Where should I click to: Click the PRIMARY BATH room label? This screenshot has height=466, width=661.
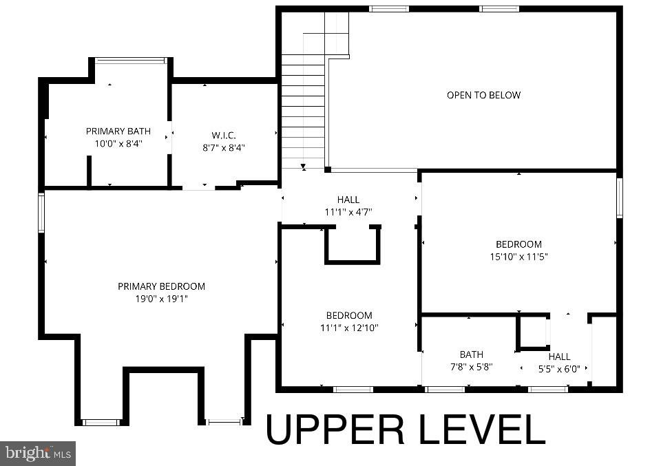(118, 131)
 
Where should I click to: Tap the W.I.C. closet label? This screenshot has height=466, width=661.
(224, 135)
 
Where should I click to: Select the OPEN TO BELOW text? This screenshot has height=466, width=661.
(483, 95)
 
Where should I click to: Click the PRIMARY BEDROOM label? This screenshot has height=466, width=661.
(161, 286)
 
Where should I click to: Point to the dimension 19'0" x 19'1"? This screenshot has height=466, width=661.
(161, 299)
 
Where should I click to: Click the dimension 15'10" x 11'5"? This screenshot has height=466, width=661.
(518, 257)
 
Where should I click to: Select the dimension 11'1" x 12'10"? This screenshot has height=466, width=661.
(349, 328)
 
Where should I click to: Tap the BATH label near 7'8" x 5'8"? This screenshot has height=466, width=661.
(472, 355)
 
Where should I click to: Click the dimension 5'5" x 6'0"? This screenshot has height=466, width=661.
(559, 369)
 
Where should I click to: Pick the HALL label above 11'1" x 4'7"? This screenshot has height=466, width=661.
(348, 200)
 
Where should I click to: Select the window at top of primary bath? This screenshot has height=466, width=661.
(131, 61)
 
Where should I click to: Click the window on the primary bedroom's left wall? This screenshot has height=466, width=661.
(41, 213)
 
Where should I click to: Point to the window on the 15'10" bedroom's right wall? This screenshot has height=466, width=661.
(619, 198)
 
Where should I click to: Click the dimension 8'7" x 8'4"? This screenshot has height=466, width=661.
(224, 147)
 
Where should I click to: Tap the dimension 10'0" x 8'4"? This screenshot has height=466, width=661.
(118, 143)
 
